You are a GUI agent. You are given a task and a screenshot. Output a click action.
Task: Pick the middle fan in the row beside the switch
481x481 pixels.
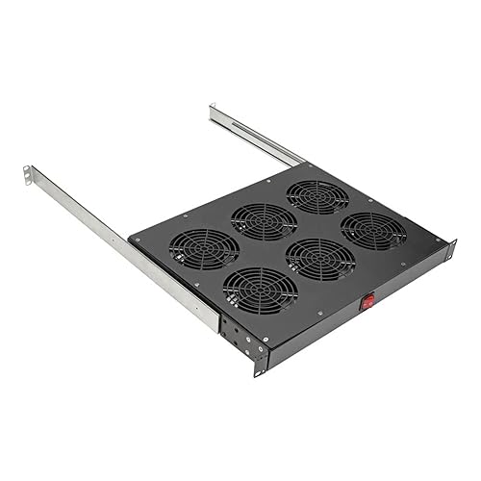[x=319, y=258]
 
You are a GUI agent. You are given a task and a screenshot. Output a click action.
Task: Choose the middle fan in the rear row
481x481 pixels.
[x=262, y=221]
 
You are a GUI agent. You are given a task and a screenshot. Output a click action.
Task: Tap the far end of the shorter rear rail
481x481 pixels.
[x=214, y=112]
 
